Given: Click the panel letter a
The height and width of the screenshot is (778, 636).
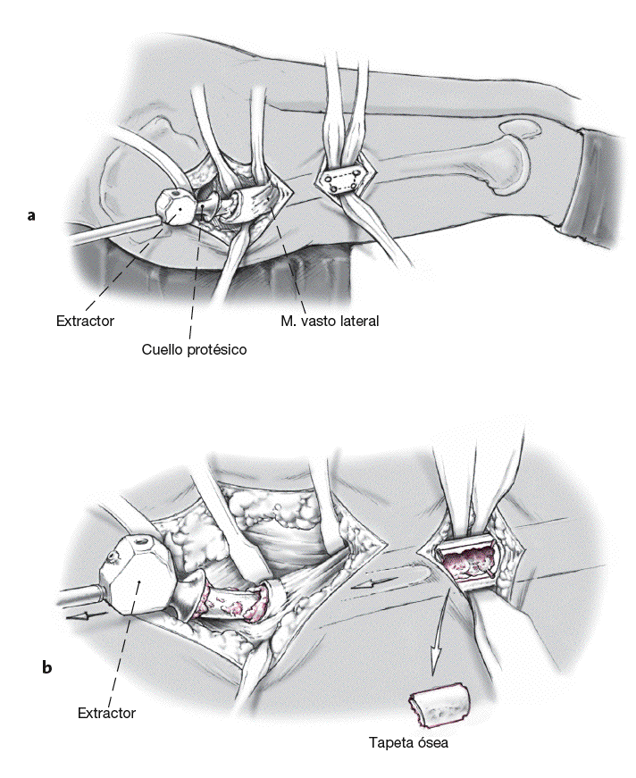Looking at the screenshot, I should coord(32,214).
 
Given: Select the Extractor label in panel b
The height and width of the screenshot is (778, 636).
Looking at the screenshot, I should coord(106,713).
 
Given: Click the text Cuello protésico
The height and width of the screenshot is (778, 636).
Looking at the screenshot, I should coord(194,349).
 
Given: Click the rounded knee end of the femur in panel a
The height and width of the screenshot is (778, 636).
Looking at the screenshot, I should coord(513,156).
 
